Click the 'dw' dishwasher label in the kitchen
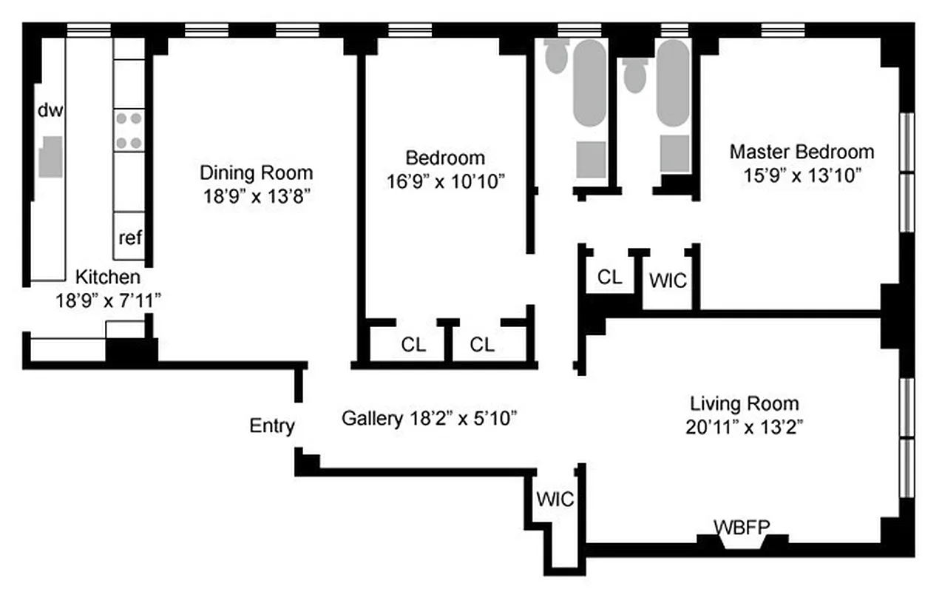tap(51, 111)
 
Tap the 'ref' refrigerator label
tap(130, 238)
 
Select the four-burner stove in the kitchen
tap(129, 129)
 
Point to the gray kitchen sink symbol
tap(50, 156)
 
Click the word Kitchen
tap(108, 277)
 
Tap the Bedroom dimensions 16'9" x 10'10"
tap(445, 181)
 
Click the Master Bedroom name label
tap(802, 152)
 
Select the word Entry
tap(272, 426)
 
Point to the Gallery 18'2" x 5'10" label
tap(429, 418)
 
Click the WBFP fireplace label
tap(742, 526)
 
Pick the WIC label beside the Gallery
tap(555, 499)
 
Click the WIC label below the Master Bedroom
tap(668, 281)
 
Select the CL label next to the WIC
tap(610, 277)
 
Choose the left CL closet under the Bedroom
tap(413, 345)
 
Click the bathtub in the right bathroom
tap(672, 85)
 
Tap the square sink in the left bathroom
tap(591, 158)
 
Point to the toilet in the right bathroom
tap(634, 75)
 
